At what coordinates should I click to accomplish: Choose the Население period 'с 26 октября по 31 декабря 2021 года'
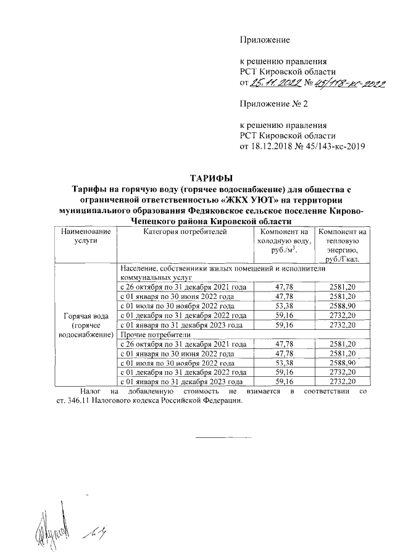tap(184, 287)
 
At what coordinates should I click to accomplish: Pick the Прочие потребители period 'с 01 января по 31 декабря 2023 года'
tap(181, 382)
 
